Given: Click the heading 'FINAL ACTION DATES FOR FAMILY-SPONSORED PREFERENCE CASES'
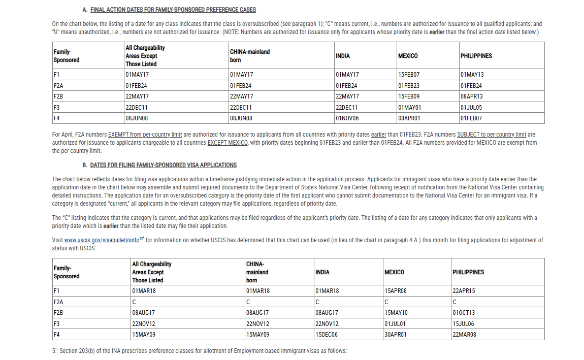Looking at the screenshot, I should pos(173,10).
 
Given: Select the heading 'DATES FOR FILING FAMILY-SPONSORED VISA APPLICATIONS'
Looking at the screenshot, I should pos(163,165).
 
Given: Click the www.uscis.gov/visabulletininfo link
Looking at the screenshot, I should pos(102,240).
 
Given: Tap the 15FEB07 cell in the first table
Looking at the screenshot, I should pos(409,75).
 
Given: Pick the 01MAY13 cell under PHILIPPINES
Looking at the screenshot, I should pos(472,75).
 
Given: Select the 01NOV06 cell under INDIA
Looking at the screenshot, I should pos(347,118).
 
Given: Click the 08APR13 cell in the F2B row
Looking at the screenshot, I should pos(472,96).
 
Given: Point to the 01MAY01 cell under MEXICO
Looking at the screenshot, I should pos(409,108).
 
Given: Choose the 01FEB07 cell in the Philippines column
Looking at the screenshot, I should pos(471,118).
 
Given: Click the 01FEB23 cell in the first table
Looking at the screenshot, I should pos(409,86).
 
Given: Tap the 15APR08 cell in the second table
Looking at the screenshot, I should pos(396,291).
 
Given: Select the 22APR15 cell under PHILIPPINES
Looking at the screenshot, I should pos(464,291).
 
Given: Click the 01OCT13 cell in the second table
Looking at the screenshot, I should pos(464,313).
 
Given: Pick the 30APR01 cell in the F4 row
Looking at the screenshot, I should pos(396,335).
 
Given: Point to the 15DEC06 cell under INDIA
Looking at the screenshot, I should pos(327,335).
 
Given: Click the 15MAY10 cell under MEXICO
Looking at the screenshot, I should pos(396,313).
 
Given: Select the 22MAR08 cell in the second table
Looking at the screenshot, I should pos(464,335).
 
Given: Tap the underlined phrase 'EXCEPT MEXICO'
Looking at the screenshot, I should pos(228,143).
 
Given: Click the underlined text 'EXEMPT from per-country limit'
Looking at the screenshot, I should pos(145,135).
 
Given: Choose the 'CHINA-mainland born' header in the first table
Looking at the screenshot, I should pos(249,56).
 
